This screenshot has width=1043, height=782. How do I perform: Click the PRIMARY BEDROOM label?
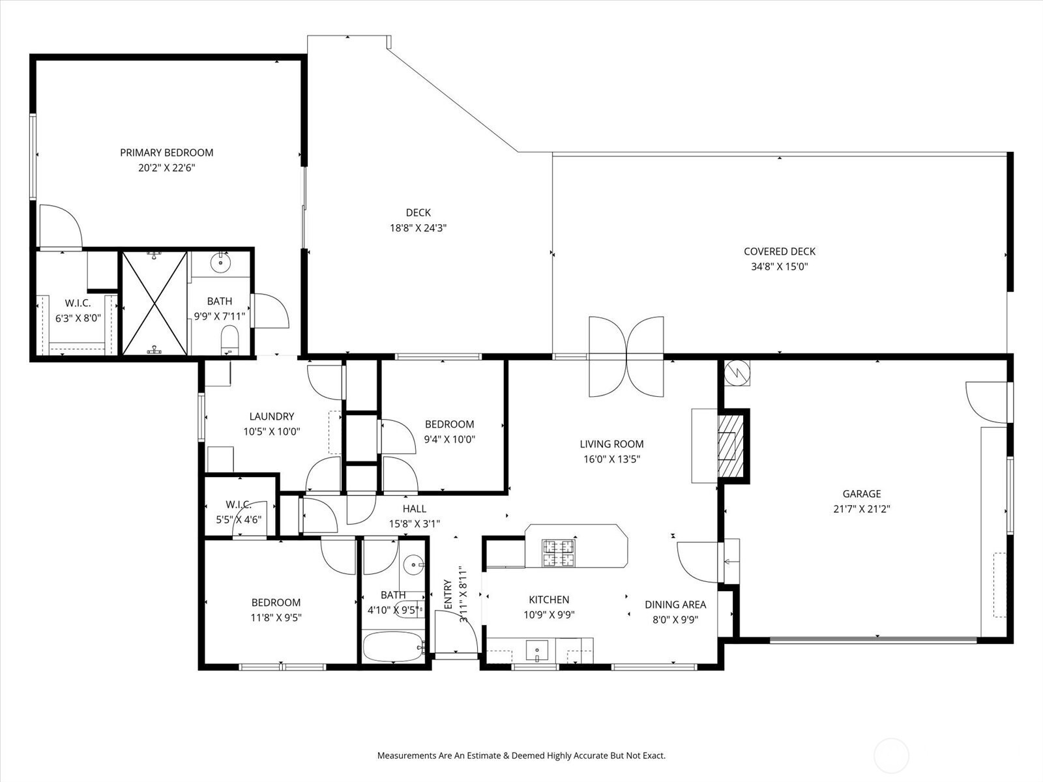click(166, 153)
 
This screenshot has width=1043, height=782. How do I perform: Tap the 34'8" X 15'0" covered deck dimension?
click(779, 267)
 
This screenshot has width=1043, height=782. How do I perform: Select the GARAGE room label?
click(862, 494)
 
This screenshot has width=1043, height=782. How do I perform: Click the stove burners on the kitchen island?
click(558, 553)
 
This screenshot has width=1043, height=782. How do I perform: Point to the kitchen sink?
click(537, 650)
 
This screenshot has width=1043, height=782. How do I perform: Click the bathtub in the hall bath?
click(393, 646)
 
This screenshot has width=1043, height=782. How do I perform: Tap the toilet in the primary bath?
click(230, 338)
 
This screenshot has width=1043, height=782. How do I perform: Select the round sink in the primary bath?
click(220, 263)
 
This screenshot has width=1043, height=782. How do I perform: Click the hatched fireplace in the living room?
click(730, 446)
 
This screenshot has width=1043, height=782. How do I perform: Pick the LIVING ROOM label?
click(611, 444)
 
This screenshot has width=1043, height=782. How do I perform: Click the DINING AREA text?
click(675, 605)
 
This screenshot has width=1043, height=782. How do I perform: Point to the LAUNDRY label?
click(272, 416)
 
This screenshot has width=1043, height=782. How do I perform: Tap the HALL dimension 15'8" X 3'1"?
click(415, 524)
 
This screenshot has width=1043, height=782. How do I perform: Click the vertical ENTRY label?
click(448, 594)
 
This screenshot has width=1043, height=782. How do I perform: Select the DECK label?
click(418, 212)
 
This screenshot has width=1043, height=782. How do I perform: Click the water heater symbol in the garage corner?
click(737, 373)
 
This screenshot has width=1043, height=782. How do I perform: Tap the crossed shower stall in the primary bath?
click(154, 303)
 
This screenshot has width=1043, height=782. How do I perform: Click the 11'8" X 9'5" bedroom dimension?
click(276, 618)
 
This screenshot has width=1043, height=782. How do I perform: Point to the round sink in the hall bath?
click(413, 565)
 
